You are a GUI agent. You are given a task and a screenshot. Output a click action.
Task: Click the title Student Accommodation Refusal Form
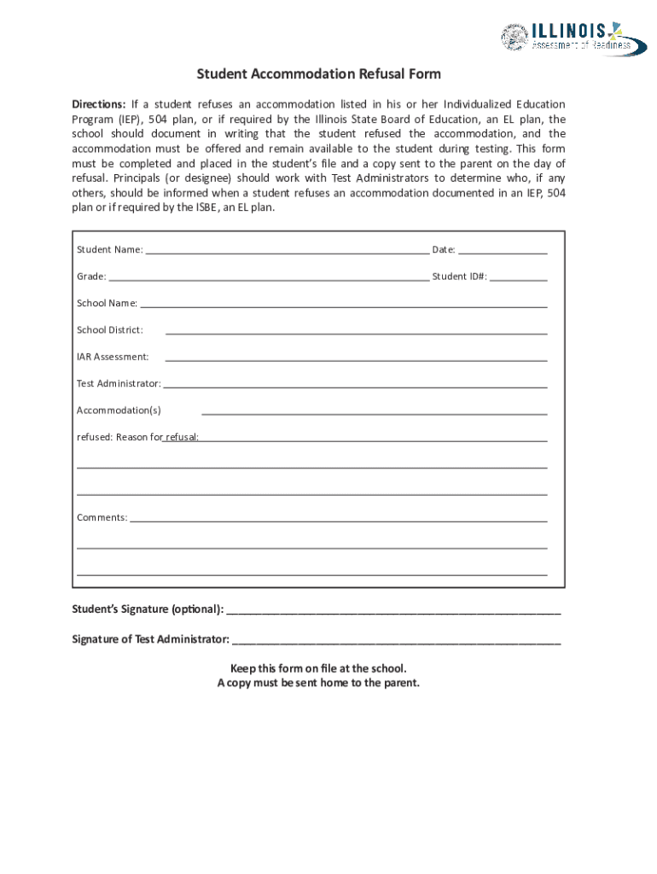[x=318, y=74]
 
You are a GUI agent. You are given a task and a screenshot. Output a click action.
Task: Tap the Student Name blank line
[x=287, y=254]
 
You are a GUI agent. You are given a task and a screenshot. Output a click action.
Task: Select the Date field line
[x=503, y=254]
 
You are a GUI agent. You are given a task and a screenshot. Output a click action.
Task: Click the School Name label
[x=107, y=303]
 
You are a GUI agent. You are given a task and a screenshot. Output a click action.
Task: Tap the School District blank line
[x=355, y=334]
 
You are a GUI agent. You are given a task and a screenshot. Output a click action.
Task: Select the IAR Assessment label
[x=113, y=357]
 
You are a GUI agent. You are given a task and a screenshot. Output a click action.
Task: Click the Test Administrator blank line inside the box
[x=354, y=387]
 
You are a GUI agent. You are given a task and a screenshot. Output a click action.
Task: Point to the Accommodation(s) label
[x=119, y=411]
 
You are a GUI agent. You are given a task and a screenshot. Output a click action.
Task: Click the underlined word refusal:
[x=182, y=437]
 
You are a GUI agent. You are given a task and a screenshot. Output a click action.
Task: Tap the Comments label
[x=102, y=517]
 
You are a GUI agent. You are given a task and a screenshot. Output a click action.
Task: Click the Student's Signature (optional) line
[x=393, y=614]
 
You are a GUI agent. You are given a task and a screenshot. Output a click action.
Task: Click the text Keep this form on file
[x=318, y=668]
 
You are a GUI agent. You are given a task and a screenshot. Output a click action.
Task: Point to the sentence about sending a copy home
[x=318, y=683]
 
